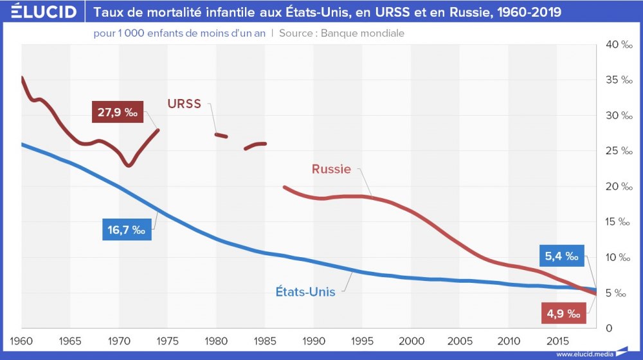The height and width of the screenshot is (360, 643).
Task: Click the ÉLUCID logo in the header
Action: click(x=40, y=12)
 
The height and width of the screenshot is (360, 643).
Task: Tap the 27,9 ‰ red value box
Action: click(x=118, y=113)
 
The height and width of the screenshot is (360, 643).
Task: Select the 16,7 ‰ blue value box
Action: click(x=127, y=230)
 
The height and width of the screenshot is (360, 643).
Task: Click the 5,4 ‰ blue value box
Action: click(x=561, y=257)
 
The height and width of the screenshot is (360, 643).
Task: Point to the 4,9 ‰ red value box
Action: click(x=563, y=314)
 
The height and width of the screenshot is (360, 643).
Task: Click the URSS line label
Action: click(x=185, y=104)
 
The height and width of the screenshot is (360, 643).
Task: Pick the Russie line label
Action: click(x=331, y=170)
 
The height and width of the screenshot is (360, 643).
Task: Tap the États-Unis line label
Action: click(x=301, y=291)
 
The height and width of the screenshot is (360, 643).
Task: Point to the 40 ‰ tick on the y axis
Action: click(x=616, y=44)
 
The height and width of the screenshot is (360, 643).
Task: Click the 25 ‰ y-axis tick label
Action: click(x=616, y=151)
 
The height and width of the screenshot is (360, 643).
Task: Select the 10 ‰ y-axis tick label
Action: click(x=616, y=258)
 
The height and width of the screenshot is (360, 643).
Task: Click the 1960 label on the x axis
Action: click(x=23, y=339)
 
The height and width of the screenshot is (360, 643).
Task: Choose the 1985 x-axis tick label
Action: click(x=265, y=339)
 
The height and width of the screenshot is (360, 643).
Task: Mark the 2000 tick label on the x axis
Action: click(x=411, y=339)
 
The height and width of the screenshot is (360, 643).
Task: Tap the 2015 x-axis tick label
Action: click(x=557, y=339)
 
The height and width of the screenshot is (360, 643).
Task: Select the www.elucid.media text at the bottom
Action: click(x=583, y=354)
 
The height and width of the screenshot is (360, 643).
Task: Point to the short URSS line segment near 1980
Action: click(x=221, y=135)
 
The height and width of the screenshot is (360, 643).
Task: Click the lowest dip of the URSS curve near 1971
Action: click(x=129, y=166)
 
